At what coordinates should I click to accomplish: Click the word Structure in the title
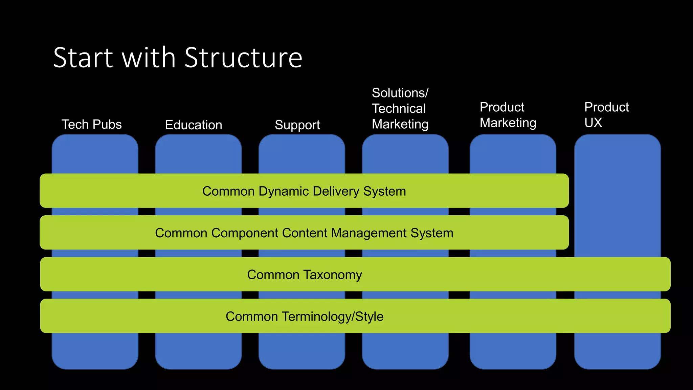(243, 58)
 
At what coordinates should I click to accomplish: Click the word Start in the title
(83, 58)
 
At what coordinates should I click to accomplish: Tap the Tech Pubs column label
(91, 125)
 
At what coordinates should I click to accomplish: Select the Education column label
(194, 125)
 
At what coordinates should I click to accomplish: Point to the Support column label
(297, 125)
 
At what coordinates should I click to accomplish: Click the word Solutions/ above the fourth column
(400, 93)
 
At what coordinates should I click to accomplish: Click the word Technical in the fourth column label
(399, 109)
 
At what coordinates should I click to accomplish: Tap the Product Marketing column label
(508, 115)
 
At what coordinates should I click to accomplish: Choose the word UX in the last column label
(593, 123)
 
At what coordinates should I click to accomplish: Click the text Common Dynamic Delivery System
(304, 191)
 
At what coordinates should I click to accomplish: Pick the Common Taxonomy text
(304, 275)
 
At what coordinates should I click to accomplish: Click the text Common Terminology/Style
(304, 317)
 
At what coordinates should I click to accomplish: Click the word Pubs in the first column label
(107, 125)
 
